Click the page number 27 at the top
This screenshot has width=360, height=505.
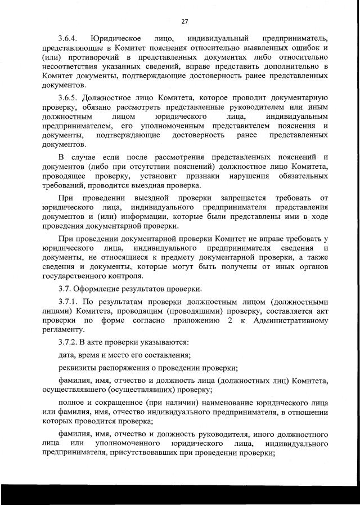[x=184, y=21]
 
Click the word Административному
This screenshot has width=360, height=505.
[x=289, y=320]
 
